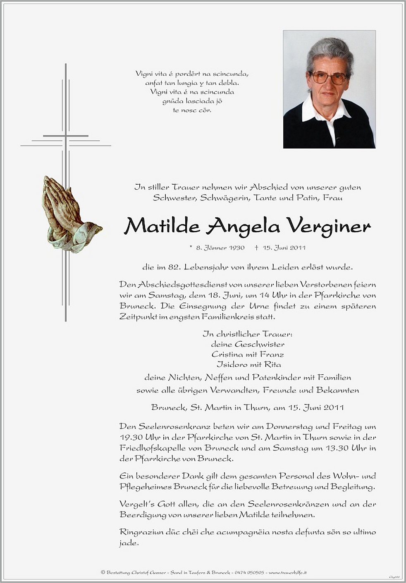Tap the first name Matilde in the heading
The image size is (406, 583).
(x=162, y=225)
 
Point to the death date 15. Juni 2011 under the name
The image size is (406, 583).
(x=283, y=248)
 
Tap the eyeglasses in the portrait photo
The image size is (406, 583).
(x=329, y=78)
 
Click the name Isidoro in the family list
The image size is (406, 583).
(x=231, y=364)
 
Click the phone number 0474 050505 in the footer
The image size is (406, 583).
(x=250, y=573)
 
